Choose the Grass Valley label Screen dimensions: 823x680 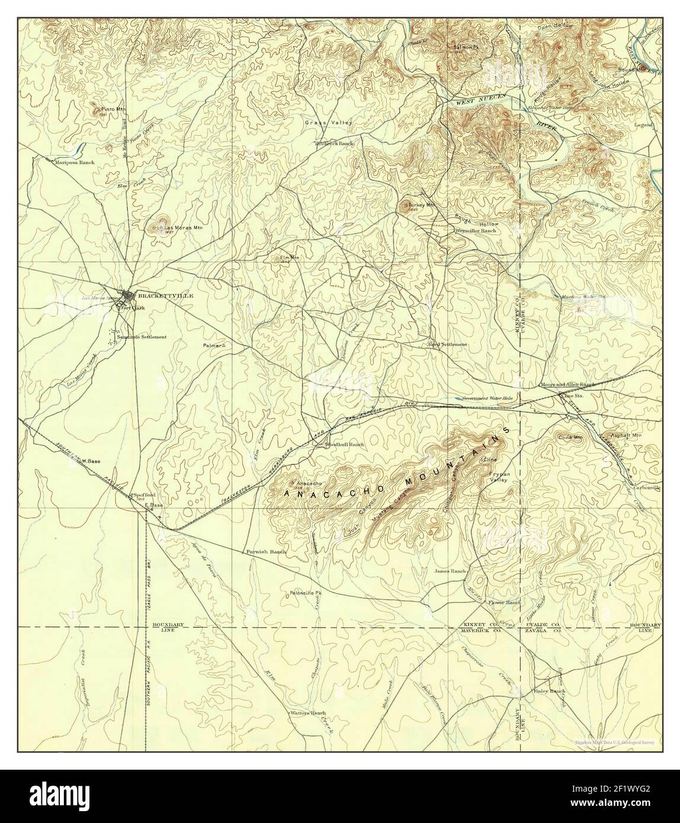pos(329,123)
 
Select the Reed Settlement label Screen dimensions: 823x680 pos(448,344)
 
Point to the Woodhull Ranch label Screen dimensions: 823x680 pos(344,443)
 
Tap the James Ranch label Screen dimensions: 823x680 pos(450,571)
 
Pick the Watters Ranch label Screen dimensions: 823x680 pos(308,713)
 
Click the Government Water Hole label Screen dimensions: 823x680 pos(491,398)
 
